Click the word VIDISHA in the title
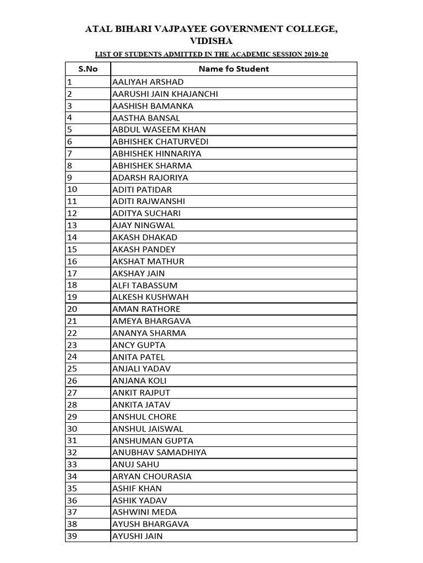tap(211, 41)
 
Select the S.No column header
tap(88, 69)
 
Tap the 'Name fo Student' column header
tap(234, 69)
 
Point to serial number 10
tap(72, 190)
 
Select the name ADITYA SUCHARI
tap(146, 213)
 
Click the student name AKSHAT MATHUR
tap(148, 261)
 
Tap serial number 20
tap(72, 309)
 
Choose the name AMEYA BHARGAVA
tap(151, 321)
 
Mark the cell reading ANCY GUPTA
tap(138, 345)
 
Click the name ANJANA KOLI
tap(139, 381)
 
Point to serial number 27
tap(72, 393)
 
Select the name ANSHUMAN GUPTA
tap(153, 440)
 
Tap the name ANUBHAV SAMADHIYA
tap(159, 452)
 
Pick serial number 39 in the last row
tap(72, 536)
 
